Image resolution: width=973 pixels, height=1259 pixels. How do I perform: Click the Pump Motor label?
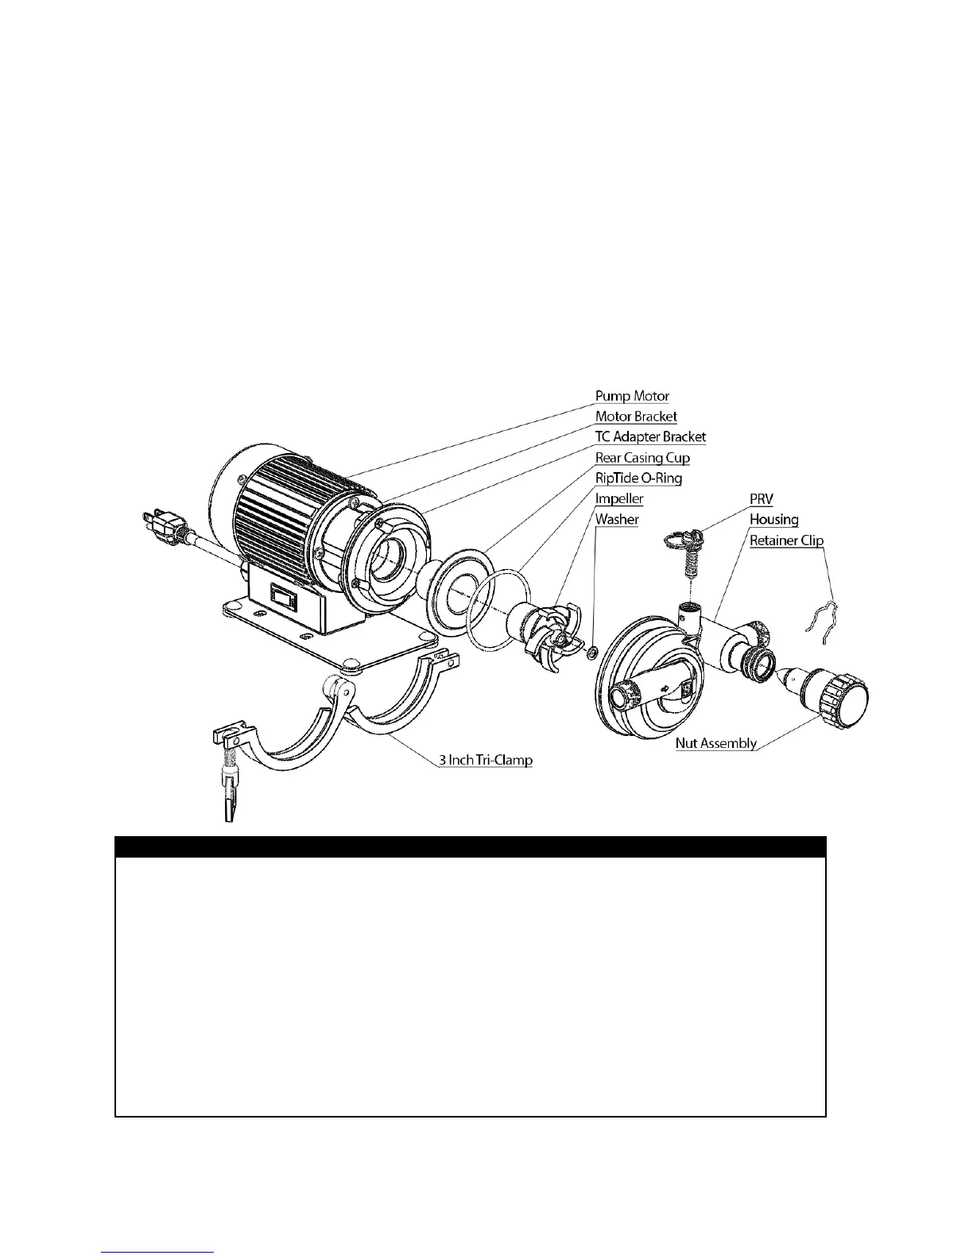632,396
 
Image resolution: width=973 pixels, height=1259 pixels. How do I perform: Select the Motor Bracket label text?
636,416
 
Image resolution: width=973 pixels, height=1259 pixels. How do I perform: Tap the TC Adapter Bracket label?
650,437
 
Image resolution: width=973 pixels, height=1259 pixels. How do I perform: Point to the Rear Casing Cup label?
642,458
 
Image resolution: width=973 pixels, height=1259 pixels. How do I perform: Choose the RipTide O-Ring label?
638,478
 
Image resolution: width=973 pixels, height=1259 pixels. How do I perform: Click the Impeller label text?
619,499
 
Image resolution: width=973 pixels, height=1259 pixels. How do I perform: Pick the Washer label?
617,520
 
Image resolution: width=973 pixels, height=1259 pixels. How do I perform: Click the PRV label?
762,499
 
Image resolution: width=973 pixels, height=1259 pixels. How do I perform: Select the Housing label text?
773,520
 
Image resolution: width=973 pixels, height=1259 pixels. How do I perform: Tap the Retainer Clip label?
786,540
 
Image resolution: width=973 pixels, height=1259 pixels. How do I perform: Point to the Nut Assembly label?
715,744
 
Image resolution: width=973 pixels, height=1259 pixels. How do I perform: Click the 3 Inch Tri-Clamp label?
486,760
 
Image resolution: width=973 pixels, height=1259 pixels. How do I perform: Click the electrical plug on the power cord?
163,523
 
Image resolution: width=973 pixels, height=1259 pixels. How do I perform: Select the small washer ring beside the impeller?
591,653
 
